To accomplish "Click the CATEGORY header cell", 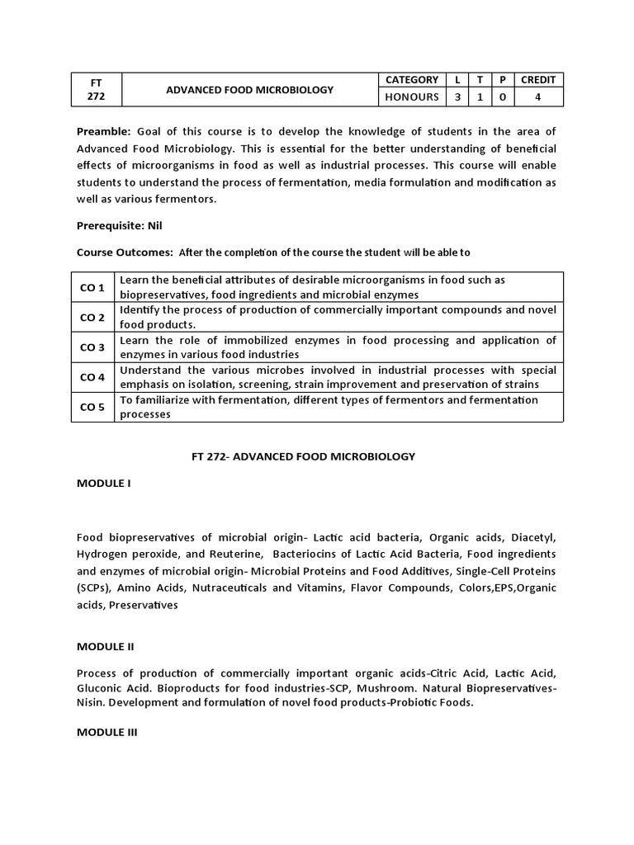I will [411, 80].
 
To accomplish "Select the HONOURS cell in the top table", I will [411, 97].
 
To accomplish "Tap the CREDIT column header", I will [538, 80].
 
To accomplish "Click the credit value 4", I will [538, 97].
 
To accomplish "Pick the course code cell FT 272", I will [97, 89].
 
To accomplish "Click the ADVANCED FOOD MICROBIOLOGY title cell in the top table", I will [249, 89].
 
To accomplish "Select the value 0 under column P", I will [500, 97].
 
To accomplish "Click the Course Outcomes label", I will [125, 252].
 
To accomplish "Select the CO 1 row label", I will [92, 287].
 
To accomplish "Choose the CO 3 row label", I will [92, 347].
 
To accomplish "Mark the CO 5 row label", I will [92, 408].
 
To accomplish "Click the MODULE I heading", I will [104, 483].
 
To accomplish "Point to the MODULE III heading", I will [107, 731].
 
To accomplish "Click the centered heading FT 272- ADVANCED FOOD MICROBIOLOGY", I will [316, 456].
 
